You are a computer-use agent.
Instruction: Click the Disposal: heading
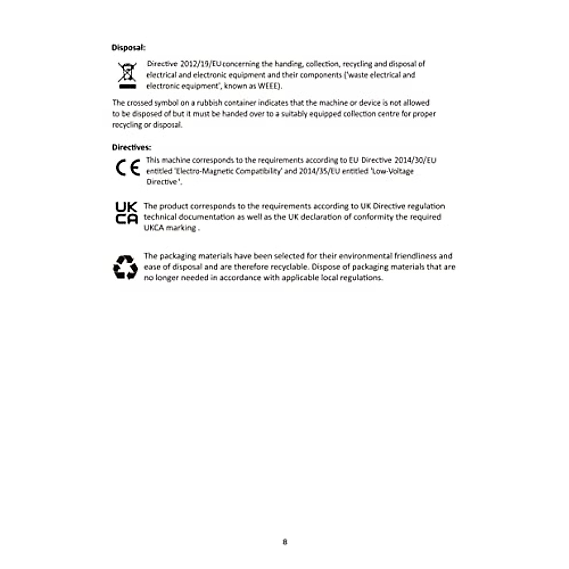128,47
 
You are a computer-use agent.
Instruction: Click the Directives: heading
131,147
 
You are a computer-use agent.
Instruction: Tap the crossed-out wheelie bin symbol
127,75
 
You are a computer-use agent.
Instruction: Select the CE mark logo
128,168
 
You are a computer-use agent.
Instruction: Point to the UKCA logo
127,213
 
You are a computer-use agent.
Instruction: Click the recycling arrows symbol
126,267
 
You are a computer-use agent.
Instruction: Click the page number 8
284,541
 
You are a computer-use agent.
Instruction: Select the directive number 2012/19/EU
201,64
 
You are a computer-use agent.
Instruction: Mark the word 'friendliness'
417,256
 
